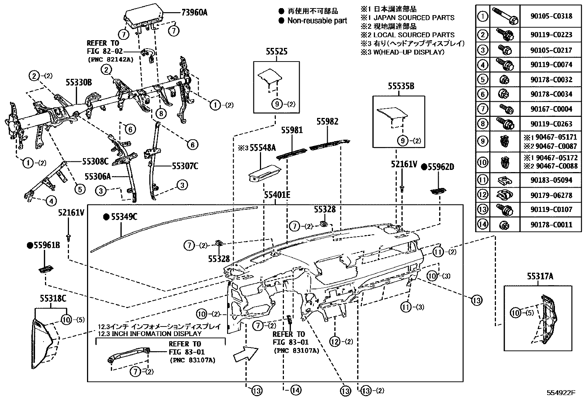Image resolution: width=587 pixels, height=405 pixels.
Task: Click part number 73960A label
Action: click(194, 12)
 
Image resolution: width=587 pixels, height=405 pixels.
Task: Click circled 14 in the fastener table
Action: click(482, 224)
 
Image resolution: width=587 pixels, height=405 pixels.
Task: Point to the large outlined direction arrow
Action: click(246, 354)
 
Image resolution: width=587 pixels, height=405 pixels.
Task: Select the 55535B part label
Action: click(401, 86)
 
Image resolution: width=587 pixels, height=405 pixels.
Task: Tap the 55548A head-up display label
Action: click(263, 148)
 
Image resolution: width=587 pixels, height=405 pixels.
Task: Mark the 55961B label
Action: click(46, 245)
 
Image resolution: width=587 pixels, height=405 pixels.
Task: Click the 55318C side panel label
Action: click(53, 298)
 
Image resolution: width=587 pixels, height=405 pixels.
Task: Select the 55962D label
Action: click(441, 167)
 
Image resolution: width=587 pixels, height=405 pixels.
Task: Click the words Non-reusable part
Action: click(317, 21)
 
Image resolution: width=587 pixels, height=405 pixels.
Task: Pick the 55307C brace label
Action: click(185, 166)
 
